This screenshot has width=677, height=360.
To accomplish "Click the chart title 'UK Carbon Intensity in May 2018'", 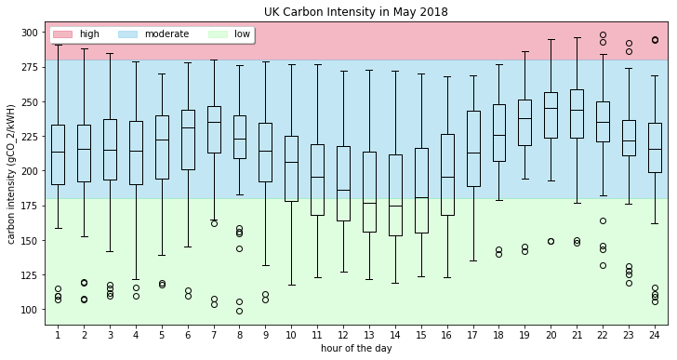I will point(355,12).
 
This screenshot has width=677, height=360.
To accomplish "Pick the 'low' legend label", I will point(242,34).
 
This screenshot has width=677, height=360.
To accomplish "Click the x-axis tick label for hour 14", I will point(395,334).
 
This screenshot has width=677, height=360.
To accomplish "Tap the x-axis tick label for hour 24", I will point(655,334).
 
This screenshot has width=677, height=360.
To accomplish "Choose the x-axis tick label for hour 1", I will point(58,334).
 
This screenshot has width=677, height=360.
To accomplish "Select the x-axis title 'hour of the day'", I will point(355,348).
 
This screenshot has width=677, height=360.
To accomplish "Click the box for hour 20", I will point(551,115).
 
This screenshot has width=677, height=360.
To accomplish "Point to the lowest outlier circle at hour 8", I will point(239,312).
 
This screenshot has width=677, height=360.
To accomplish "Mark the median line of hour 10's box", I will point(291,162).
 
